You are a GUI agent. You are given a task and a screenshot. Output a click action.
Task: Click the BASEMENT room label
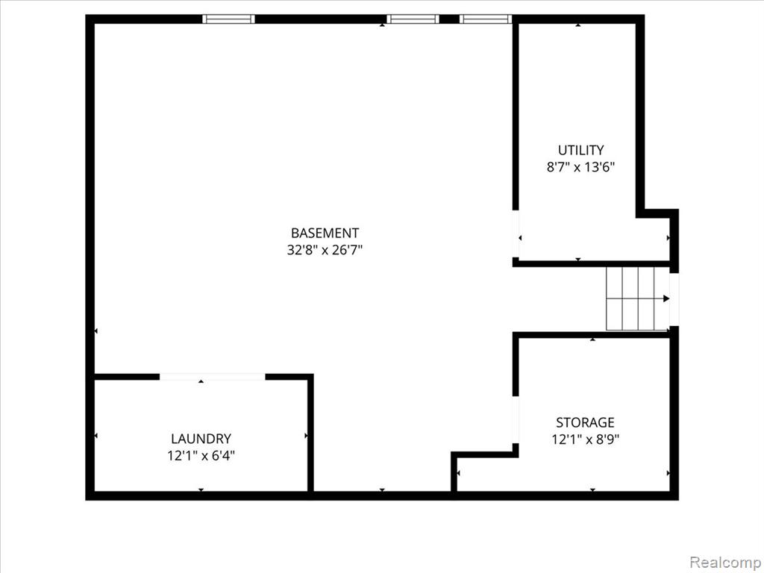pos(325,233)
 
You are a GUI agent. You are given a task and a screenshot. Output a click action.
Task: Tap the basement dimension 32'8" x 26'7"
pos(325,250)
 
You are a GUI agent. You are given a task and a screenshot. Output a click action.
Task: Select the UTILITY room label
pos(580,150)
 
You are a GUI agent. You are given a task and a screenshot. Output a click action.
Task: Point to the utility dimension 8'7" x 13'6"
pos(580,167)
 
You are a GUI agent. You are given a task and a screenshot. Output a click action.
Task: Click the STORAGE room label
pos(585,422)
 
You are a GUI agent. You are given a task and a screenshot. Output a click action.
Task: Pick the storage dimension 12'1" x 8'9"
pos(585,439)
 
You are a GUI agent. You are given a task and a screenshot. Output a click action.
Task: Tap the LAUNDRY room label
pos(201,439)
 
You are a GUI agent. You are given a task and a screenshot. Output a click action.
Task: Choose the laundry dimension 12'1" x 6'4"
pos(201,456)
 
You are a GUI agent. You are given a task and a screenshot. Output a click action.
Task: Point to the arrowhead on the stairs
pos(666,298)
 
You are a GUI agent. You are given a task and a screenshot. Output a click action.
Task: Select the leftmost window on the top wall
pos(228,19)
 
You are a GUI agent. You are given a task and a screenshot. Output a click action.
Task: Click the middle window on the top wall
pos(413,19)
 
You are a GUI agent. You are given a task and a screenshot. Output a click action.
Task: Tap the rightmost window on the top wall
pos(485,19)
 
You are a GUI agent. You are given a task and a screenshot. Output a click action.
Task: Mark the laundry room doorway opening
pos(213,377)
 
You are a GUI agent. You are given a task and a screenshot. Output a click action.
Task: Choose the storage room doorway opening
pos(516,419)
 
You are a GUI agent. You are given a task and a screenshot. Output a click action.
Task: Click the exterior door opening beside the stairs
pos(674,299)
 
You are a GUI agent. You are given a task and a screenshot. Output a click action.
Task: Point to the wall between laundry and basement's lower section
pos(310,433)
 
